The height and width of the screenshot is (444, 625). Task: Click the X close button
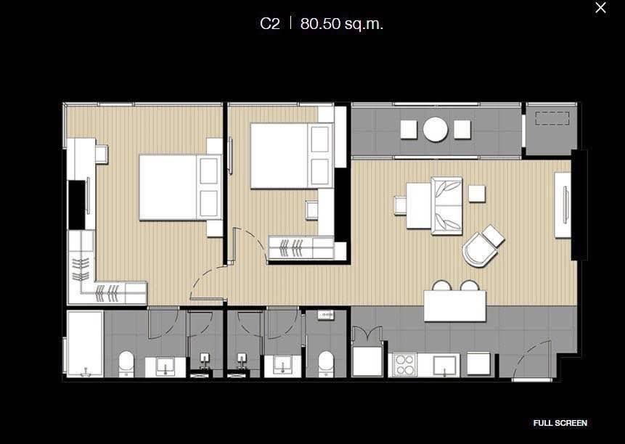[x=600, y=8]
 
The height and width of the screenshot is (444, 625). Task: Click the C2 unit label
[x=269, y=24]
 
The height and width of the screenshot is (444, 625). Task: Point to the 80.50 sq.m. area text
[x=342, y=24]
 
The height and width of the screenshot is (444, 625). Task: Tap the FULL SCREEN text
[x=560, y=423]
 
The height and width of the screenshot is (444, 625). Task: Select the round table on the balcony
[x=436, y=129]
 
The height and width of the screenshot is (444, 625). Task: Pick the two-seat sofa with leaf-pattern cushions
[x=446, y=205]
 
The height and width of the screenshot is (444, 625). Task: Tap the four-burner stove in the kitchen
[x=403, y=365]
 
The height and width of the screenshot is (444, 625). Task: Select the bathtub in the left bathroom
[x=84, y=343]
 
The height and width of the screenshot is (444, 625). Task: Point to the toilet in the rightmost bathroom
[x=325, y=363]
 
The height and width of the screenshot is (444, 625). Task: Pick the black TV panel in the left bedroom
[x=76, y=204]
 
